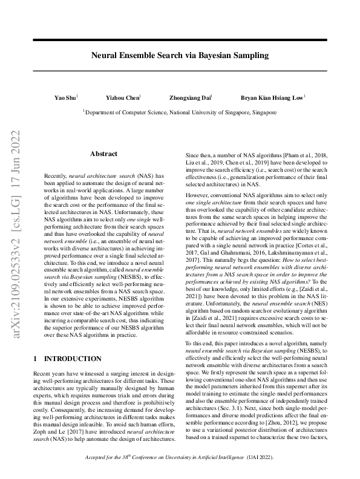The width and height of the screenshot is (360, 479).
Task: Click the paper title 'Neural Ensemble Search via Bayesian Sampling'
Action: coord(179,55)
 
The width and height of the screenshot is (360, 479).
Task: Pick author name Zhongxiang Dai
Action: coord(190,97)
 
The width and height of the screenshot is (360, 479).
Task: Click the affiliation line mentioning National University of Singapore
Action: coord(180,112)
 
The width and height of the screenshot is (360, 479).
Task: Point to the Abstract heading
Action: coord(103,154)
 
